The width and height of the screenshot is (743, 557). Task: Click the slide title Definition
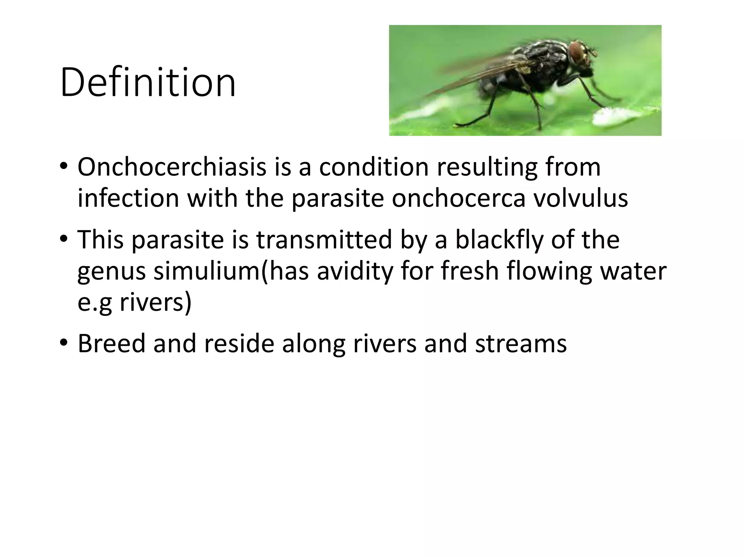[x=148, y=83]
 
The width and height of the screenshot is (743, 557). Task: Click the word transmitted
[x=324, y=240]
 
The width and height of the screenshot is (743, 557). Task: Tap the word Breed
[x=111, y=343]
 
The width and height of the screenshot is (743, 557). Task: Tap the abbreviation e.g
[x=94, y=303]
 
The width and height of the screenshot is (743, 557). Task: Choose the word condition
[x=374, y=167]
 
